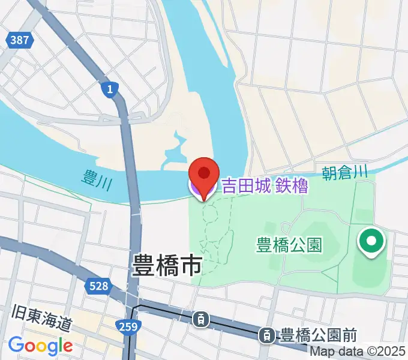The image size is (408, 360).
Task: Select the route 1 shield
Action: coord(108,89)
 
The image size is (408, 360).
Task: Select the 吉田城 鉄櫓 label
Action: coord(265,187)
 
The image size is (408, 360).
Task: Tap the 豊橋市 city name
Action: coord(166,265)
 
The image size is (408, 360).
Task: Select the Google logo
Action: coord(40,345)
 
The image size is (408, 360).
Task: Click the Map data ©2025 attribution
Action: coord(358,351)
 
